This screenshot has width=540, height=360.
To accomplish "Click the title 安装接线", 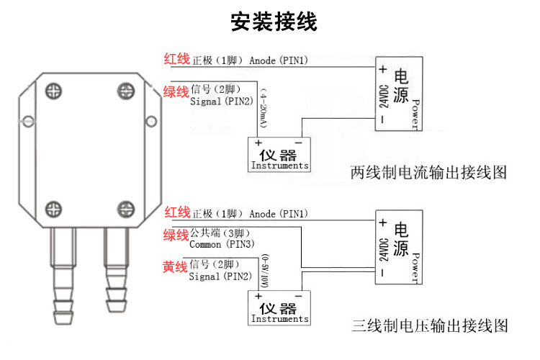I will point(274,22).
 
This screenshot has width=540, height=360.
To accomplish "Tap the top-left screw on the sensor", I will point(54,91).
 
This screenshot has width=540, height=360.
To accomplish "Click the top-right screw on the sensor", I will point(127,91).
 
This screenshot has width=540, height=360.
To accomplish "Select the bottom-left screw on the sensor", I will point(54,210).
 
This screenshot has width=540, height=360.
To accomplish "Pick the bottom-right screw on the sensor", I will point(127,210).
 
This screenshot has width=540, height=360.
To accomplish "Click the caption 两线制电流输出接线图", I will point(429,173).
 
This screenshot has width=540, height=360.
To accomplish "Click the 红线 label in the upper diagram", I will point(176,59).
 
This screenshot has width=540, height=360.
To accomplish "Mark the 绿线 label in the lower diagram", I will point(175,235).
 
